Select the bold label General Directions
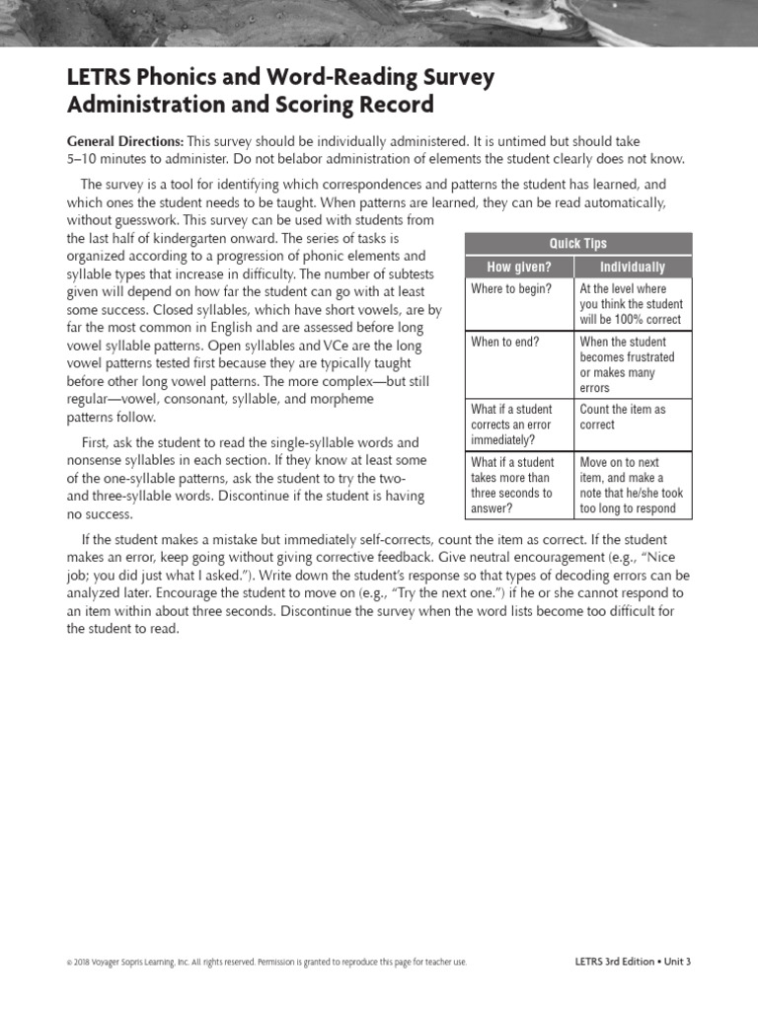click(x=124, y=142)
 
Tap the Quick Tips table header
click(x=578, y=244)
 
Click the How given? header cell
click(x=519, y=268)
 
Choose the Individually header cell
click(x=633, y=268)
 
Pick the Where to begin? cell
click(x=511, y=289)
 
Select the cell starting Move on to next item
click(x=631, y=485)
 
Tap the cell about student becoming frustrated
click(x=627, y=364)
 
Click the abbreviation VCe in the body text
click(x=341, y=346)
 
